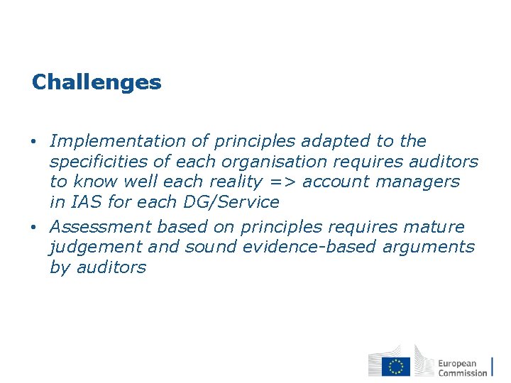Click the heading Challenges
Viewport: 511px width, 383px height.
97,82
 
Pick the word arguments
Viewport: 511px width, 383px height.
434,248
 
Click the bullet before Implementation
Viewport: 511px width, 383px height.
35,142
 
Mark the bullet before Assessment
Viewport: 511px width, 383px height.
35,228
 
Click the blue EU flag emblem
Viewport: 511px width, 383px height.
396,366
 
